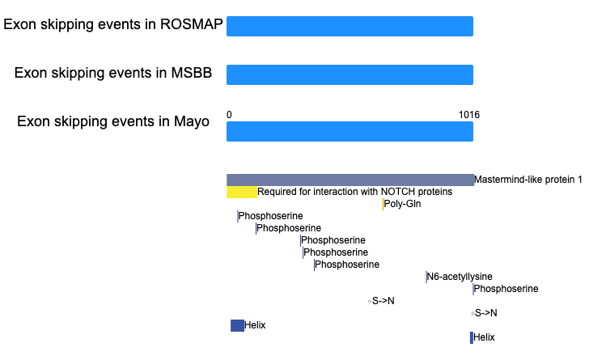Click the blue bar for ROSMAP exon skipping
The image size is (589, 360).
pyautogui.click(x=350, y=27)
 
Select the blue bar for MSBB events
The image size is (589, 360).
pyautogui.click(x=350, y=74)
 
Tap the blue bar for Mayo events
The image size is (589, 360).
pyautogui.click(x=350, y=132)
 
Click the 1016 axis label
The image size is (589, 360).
pyautogui.click(x=469, y=115)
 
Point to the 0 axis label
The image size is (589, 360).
pyautogui.click(x=229, y=115)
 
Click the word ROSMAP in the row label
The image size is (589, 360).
pyautogui.click(x=192, y=24)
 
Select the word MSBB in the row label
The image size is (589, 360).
pyautogui.click(x=192, y=73)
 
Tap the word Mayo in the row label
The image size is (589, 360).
pyautogui.click(x=192, y=122)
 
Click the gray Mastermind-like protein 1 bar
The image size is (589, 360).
pyautogui.click(x=350, y=180)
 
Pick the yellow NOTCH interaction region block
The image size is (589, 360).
pyautogui.click(x=242, y=192)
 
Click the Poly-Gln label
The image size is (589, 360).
pyautogui.click(x=402, y=204)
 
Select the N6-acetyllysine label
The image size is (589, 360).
pyautogui.click(x=460, y=277)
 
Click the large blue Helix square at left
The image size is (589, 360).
pyautogui.click(x=237, y=325)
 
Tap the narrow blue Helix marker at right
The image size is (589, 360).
pyautogui.click(x=472, y=337)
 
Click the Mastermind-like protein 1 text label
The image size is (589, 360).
pyautogui.click(x=528, y=180)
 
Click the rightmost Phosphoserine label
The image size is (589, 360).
pyautogui.click(x=506, y=289)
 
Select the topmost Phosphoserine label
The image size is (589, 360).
pyautogui.click(x=270, y=216)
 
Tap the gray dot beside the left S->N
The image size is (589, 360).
pyautogui.click(x=370, y=302)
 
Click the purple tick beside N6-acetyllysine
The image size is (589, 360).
pyautogui.click(x=426, y=277)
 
